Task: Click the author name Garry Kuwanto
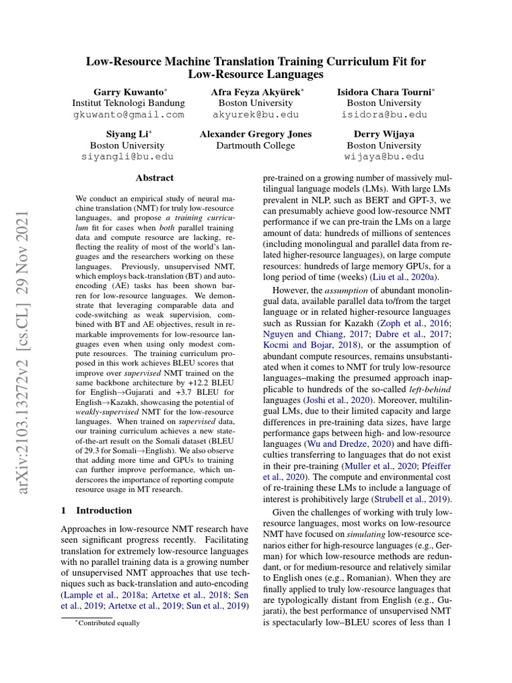(126, 91)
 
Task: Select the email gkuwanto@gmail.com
(128, 115)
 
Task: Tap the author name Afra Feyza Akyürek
(255, 91)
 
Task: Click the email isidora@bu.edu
(384, 115)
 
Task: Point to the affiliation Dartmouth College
(255, 145)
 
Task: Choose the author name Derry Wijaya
(384, 134)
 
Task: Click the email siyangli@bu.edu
(128, 157)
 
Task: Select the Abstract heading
(155, 178)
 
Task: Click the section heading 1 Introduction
(96, 510)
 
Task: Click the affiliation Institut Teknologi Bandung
(128, 103)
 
